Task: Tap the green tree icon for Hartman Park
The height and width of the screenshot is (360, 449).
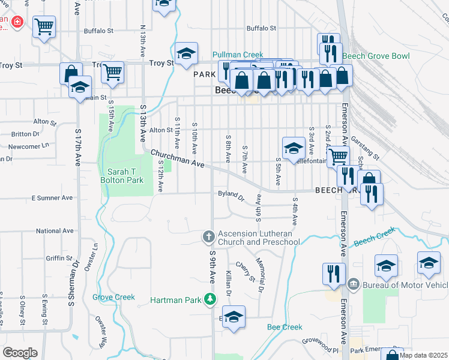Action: [x=209, y=298]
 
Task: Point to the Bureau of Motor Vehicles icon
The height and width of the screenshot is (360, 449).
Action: [x=353, y=283]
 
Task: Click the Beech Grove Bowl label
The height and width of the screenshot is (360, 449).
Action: [x=376, y=56]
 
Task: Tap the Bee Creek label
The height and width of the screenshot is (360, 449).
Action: [x=285, y=327]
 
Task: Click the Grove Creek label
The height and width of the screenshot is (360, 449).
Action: [x=113, y=297]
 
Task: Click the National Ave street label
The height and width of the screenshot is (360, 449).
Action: [x=55, y=230]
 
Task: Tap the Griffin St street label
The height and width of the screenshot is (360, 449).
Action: [x=58, y=259]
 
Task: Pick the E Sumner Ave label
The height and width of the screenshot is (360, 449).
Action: [x=52, y=197]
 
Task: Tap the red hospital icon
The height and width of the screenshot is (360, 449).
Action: [x=17, y=22]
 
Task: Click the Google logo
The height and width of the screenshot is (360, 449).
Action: [x=20, y=352]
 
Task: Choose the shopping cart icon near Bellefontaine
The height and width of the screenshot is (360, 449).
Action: [x=339, y=157]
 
